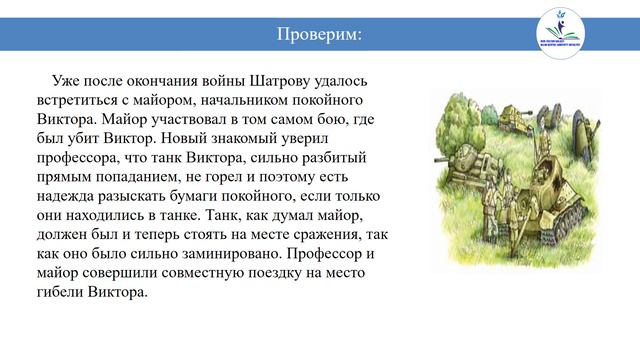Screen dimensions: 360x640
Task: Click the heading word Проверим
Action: pyautogui.click(x=319, y=36)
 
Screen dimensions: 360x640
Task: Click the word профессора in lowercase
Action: pyautogui.click(x=81, y=158)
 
